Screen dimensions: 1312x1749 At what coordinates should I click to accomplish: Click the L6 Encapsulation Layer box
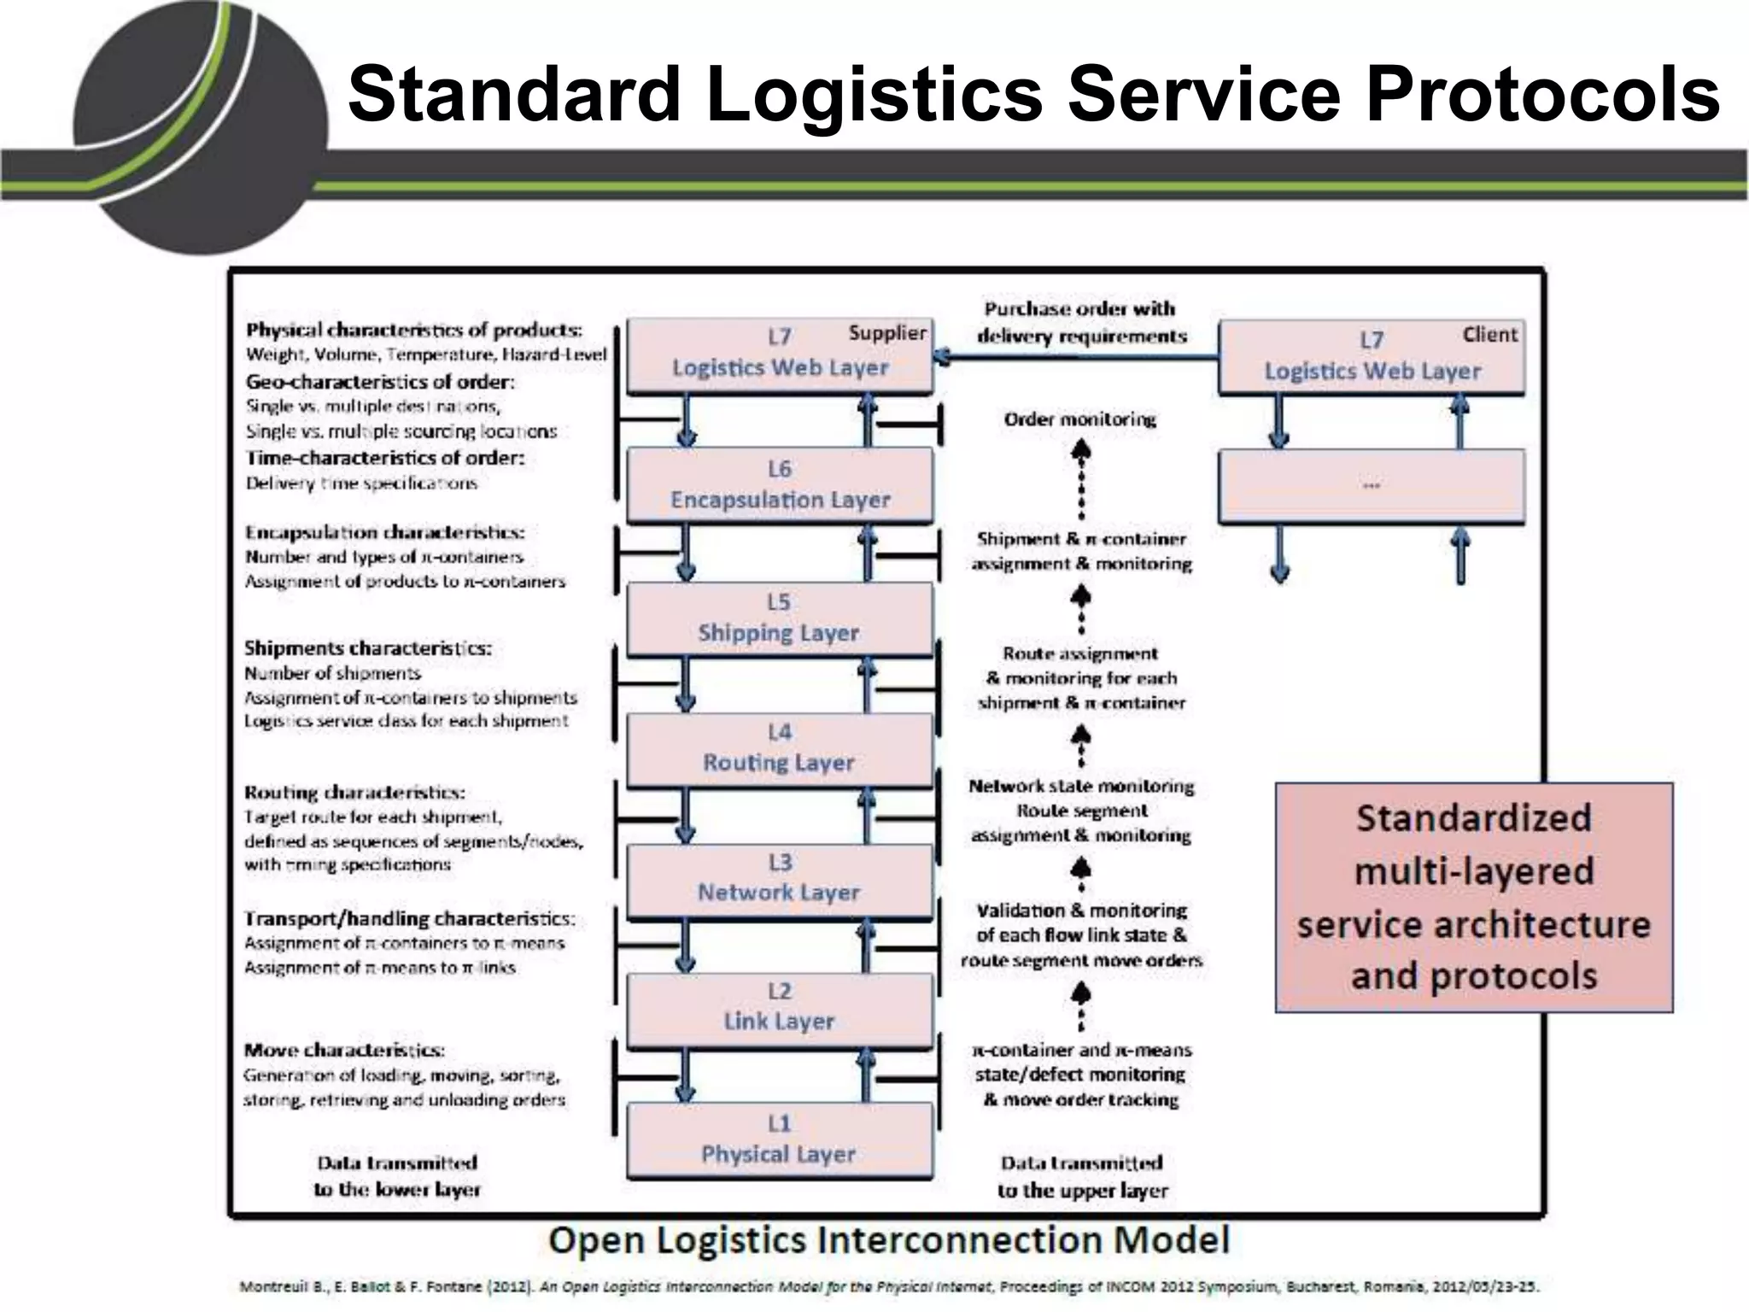pyautogui.click(x=780, y=484)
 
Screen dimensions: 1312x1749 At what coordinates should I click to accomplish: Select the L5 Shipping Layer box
pyautogui.click(x=780, y=618)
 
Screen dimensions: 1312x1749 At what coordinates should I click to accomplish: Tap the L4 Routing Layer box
pyautogui.click(x=780, y=748)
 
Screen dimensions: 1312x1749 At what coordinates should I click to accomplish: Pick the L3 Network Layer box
pyautogui.click(x=780, y=879)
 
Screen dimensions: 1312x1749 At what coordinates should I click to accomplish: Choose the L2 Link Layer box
pyautogui.click(x=780, y=1009)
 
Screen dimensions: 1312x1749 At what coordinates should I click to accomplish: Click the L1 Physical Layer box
pyautogui.click(x=780, y=1140)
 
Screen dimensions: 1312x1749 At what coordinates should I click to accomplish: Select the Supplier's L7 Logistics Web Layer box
pyautogui.click(x=780, y=355)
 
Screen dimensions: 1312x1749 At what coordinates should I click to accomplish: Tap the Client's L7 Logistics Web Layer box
pyautogui.click(x=1372, y=357)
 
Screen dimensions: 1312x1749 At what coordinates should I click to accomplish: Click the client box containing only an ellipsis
pyautogui.click(x=1372, y=485)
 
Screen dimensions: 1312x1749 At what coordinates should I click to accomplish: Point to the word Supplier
pyautogui.click(x=887, y=333)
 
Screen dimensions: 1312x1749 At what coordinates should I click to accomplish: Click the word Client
pyautogui.click(x=1489, y=335)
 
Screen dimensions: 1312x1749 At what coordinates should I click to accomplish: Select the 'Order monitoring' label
pyautogui.click(x=1080, y=419)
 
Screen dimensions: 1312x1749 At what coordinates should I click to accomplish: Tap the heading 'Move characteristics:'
pyautogui.click(x=344, y=1050)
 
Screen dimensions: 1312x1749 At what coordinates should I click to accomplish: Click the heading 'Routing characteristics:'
pyautogui.click(x=354, y=792)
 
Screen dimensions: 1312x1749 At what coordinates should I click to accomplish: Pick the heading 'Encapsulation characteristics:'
pyautogui.click(x=385, y=532)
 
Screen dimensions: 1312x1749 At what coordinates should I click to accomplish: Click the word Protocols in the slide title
pyautogui.click(x=1542, y=94)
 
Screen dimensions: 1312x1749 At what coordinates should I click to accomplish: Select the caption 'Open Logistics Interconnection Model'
pyautogui.click(x=889, y=1239)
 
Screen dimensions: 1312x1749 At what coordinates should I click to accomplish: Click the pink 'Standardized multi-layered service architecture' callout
pyautogui.click(x=1473, y=897)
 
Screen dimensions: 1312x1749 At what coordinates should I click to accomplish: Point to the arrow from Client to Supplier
pyautogui.click(x=1076, y=357)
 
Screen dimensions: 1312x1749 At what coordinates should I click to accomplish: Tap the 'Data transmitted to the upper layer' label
pyautogui.click(x=1082, y=1176)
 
